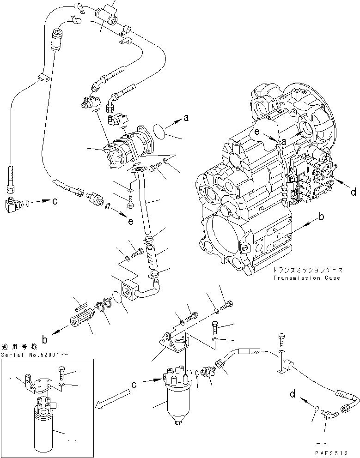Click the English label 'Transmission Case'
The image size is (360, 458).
click(x=306, y=278)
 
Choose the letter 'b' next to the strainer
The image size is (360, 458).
click(x=45, y=340)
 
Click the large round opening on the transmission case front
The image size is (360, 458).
click(x=225, y=242)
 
